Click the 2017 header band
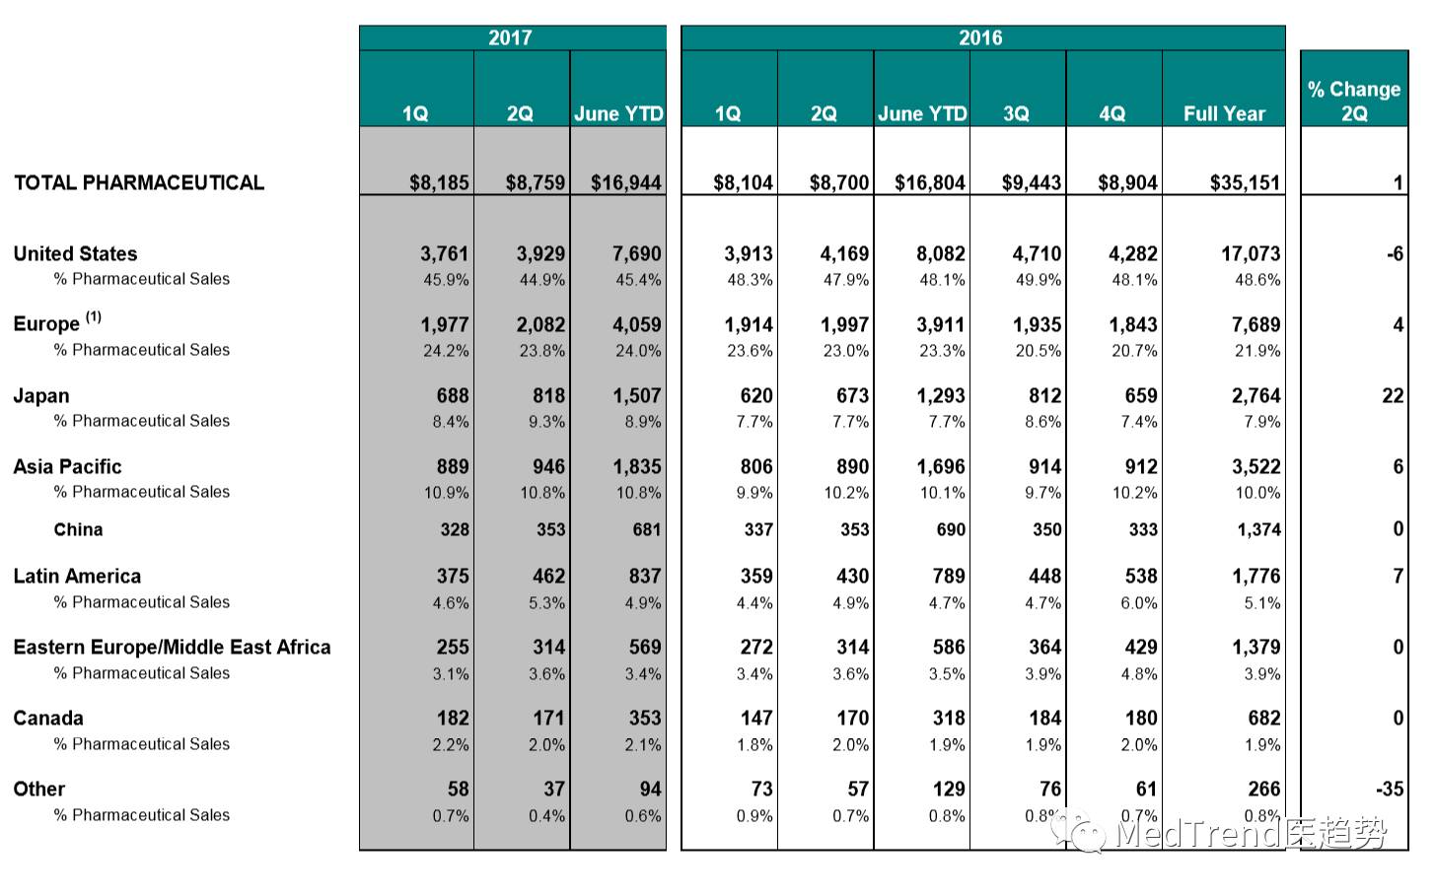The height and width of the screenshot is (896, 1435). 511,37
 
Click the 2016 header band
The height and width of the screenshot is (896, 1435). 981,37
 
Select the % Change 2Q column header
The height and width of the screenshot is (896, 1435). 1354,101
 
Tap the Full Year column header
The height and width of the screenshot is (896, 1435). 1224,113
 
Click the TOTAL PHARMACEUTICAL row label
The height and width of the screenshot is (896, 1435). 139,182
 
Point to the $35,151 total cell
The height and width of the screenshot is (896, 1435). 1245,182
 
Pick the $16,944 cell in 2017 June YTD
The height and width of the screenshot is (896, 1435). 626,182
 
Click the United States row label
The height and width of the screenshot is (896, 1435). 75,253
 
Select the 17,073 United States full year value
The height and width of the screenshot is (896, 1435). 1251,253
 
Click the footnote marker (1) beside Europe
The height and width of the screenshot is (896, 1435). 94,316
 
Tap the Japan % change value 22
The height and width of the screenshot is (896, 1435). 1393,395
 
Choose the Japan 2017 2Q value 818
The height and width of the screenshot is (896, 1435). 548,395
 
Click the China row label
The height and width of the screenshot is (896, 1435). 78,529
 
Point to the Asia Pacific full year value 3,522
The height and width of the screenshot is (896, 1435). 1256,466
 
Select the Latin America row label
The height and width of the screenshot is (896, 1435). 77,576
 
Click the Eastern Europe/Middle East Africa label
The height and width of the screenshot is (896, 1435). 172,647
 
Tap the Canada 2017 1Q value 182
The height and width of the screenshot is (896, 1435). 453,718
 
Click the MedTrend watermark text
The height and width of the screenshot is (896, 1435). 1198,834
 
